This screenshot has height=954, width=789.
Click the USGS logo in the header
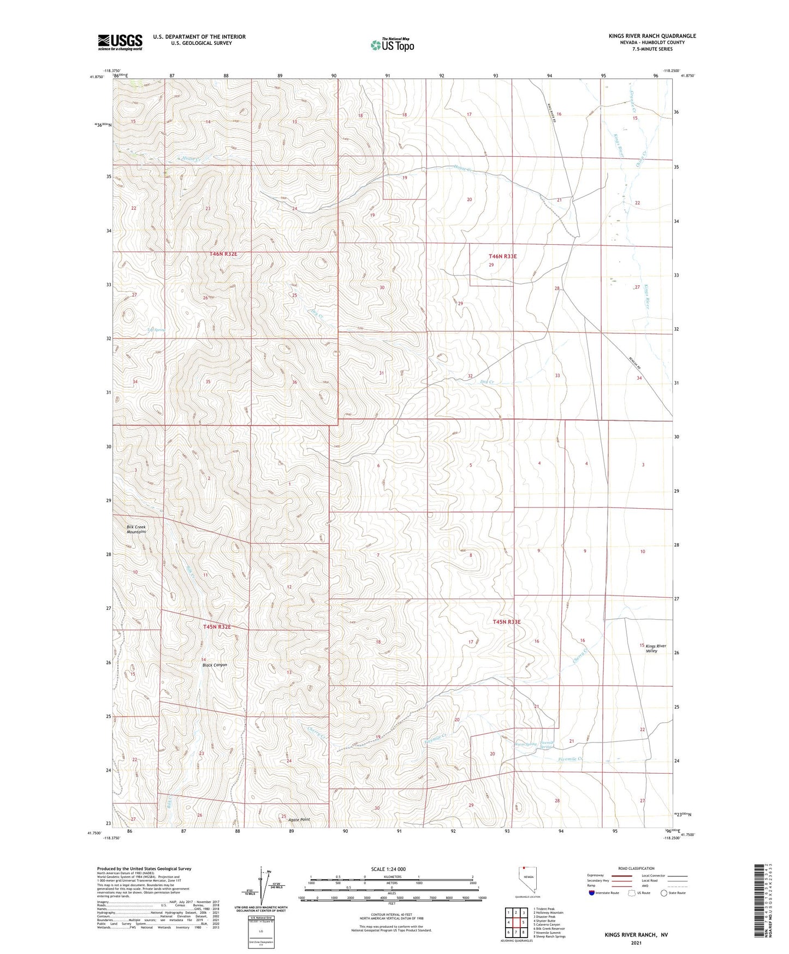pyautogui.click(x=120, y=42)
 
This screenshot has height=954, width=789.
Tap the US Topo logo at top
pyautogui.click(x=392, y=45)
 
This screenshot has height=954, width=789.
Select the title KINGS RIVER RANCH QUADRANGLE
pyautogui.click(x=652, y=36)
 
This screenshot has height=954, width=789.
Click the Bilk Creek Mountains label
pyautogui.click(x=137, y=529)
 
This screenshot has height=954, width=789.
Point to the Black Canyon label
pyautogui.click(x=215, y=665)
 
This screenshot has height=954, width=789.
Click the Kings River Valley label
pyautogui.click(x=655, y=649)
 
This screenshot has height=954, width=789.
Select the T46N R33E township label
pyautogui.click(x=502, y=256)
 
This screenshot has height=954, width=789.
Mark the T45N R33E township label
pyautogui.click(x=507, y=622)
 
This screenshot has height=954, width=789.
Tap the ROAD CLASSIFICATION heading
pyautogui.click(x=636, y=868)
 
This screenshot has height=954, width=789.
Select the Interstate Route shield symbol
pyautogui.click(x=591, y=893)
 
